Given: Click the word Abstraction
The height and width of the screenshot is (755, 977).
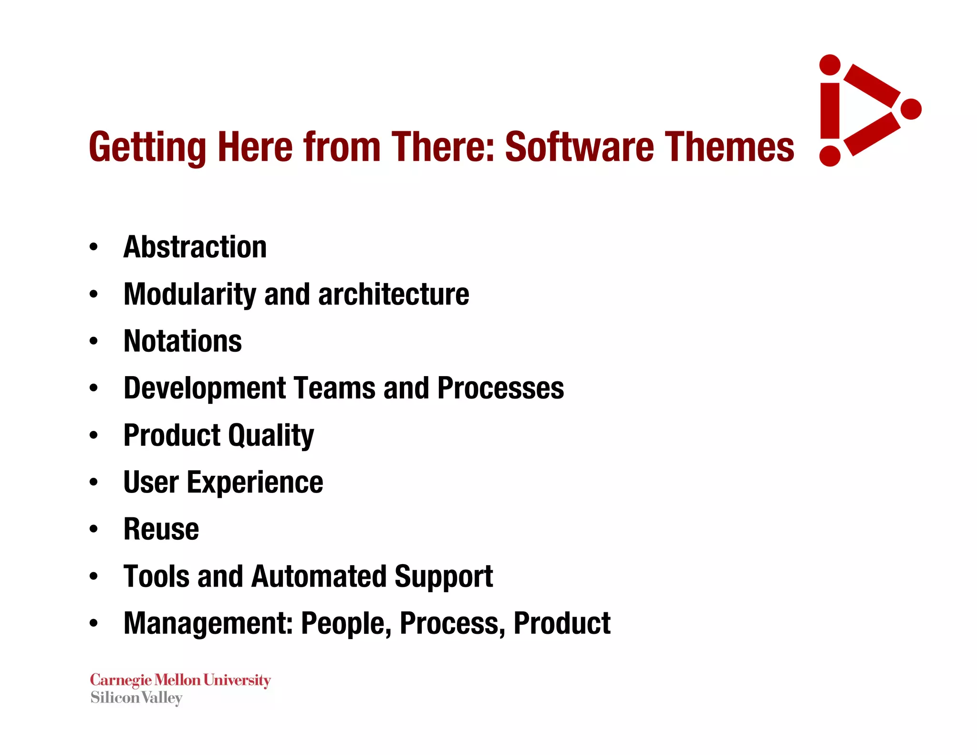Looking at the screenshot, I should [x=195, y=247].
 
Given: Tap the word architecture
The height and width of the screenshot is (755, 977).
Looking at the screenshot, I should [x=394, y=294].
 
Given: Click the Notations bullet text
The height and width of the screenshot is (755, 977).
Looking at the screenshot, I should [x=182, y=341].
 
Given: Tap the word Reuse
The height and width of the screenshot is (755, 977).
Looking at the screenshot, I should [x=161, y=529].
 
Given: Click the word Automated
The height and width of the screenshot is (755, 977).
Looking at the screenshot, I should [x=319, y=576].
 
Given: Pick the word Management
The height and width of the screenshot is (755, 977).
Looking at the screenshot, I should [x=208, y=623].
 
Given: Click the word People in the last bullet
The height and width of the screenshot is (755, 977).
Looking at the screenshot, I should [x=346, y=623].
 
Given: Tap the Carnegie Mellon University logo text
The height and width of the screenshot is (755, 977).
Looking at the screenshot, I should [x=180, y=680].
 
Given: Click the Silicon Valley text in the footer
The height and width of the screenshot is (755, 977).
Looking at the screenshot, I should [x=136, y=698].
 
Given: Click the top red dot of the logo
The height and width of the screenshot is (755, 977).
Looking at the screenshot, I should [x=830, y=65].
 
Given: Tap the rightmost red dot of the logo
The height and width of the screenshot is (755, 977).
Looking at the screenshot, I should [x=911, y=109].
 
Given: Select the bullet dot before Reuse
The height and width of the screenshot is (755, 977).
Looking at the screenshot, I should [x=94, y=529].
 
